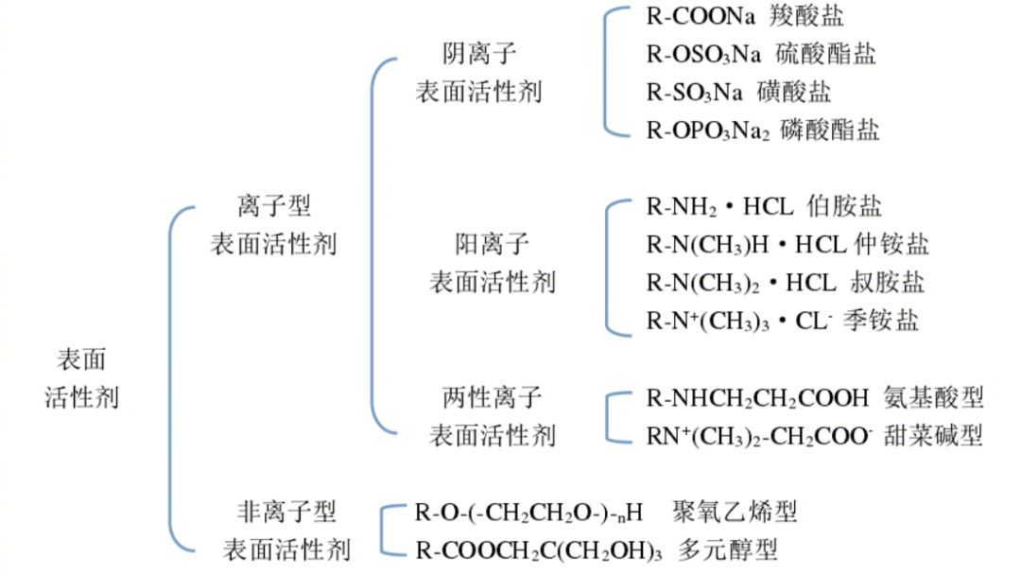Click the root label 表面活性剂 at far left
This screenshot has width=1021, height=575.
[x=81, y=377]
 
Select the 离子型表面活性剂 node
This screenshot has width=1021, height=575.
[x=273, y=224]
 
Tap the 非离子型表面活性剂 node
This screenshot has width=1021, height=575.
[x=286, y=531]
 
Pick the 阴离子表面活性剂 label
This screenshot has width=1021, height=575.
[x=479, y=73]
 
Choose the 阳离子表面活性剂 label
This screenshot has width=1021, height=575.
[x=493, y=263]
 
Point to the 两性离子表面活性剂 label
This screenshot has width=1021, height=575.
[x=493, y=415]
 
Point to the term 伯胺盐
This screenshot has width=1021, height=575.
[x=844, y=206]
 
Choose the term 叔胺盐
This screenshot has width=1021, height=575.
[x=887, y=282]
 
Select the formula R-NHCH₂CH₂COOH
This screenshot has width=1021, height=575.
[x=756, y=397]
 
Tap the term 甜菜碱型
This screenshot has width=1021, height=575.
[x=934, y=435]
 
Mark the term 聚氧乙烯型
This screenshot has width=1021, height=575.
[x=735, y=512]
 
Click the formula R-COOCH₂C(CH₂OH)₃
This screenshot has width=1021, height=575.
[x=538, y=549]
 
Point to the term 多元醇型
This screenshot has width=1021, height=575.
[x=727, y=549]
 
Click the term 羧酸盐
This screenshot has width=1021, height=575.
[x=805, y=16]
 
